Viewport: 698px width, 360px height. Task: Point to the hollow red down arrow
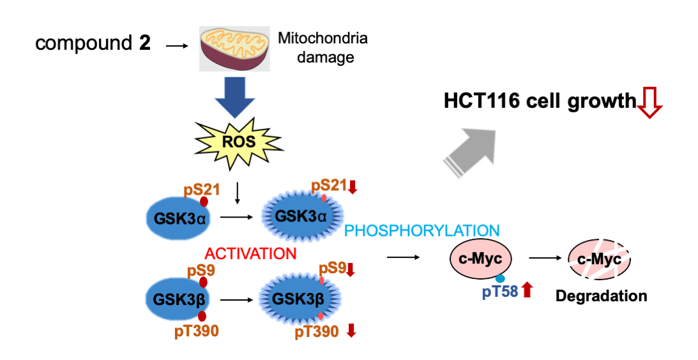[650, 103]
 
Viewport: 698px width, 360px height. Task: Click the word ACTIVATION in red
[251, 253]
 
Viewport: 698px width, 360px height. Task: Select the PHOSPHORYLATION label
[421, 230]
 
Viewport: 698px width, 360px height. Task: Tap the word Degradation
[601, 296]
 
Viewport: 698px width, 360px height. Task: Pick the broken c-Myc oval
[599, 259]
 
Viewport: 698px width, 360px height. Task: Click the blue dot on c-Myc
[501, 278]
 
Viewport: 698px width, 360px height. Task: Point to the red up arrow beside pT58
[527, 291]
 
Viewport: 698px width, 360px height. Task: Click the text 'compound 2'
[93, 44]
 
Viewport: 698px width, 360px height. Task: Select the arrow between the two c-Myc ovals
[547, 259]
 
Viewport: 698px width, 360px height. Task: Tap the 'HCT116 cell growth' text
[540, 101]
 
